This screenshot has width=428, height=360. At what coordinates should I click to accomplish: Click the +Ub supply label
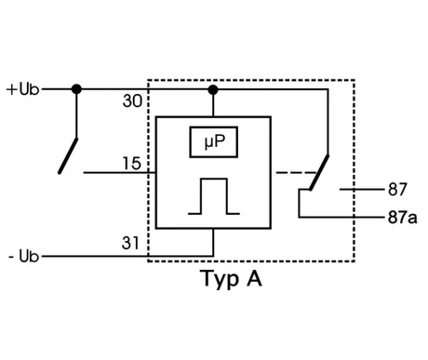coord(22,89)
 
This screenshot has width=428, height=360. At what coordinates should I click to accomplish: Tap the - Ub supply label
coord(23,257)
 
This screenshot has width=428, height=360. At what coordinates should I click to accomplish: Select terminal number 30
coord(132,100)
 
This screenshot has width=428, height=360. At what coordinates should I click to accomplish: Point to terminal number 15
coord(132,164)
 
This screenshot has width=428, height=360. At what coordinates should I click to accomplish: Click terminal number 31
coord(130,243)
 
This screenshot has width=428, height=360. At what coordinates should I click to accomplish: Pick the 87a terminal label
coord(402,218)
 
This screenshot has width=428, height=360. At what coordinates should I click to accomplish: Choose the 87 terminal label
coord(397,189)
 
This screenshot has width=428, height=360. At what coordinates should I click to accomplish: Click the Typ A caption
coord(231,279)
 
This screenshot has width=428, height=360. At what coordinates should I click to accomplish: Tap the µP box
coord(214,142)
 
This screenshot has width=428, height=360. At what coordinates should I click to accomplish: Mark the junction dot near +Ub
coord(76,89)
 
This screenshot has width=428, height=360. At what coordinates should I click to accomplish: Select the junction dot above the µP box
coord(213,90)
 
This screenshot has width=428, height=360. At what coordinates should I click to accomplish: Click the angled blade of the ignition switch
coord(68,156)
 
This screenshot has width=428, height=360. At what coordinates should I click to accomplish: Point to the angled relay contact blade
coord(319,172)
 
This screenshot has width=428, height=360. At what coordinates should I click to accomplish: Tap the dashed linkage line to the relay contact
coord(296,172)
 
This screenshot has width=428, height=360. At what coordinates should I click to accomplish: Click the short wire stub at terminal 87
coord(362,189)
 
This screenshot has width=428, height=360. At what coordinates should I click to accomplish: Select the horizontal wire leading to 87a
coord(341,217)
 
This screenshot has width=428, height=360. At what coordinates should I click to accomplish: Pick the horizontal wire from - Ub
coord(127,257)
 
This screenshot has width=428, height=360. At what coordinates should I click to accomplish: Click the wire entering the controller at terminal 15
coord(120,172)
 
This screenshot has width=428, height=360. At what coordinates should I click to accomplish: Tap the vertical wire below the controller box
coord(213,243)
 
